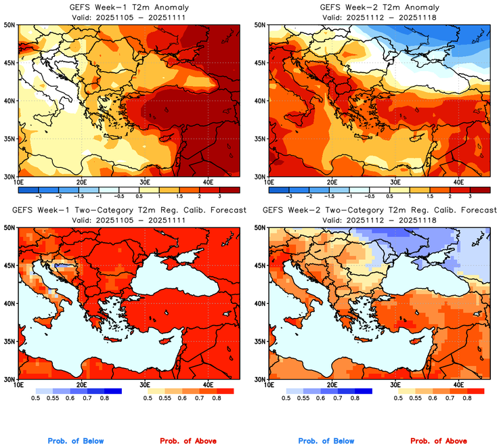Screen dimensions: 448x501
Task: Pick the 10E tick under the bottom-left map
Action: (x=18, y=385)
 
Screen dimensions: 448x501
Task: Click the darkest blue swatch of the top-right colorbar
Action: (x=279, y=189)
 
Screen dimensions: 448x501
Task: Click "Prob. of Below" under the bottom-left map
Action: (x=76, y=441)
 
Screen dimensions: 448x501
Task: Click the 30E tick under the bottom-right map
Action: (x=395, y=385)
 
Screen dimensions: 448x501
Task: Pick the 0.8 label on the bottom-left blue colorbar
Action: (x=106, y=399)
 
